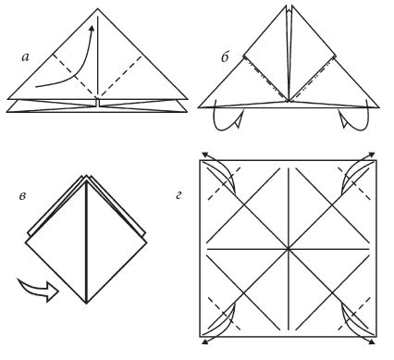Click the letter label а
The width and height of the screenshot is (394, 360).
[26, 57]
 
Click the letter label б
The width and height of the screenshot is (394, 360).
[225, 56]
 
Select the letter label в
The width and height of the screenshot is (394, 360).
[22, 196]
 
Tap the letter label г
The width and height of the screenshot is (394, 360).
[179, 195]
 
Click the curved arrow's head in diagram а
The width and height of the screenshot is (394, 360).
[92, 28]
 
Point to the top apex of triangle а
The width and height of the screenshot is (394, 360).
[97, 8]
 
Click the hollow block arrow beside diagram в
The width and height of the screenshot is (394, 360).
[38, 290]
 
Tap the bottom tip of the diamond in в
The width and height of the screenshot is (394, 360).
[87, 304]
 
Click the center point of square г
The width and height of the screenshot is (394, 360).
[289, 249]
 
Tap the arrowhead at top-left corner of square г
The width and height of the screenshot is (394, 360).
[204, 155]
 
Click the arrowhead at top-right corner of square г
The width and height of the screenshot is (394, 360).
[372, 155]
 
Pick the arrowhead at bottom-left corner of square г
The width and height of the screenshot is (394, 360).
[204, 341]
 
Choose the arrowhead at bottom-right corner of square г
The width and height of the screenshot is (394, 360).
[372, 341]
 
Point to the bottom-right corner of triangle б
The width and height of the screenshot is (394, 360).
[378, 107]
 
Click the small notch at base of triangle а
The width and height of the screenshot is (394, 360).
[97, 102]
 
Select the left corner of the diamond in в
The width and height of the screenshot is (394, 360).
[26, 242]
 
